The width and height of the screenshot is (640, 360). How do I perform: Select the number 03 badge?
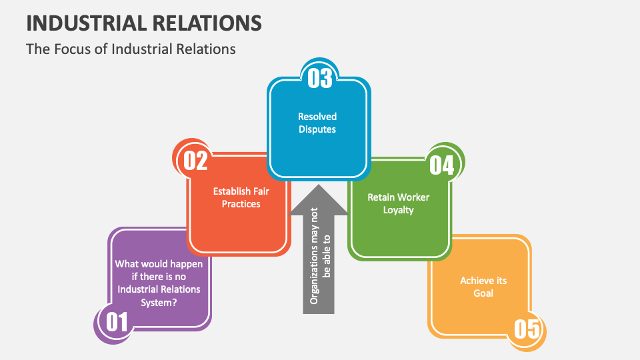(x=319, y=78)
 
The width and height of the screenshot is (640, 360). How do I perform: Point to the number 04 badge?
(x=441, y=165)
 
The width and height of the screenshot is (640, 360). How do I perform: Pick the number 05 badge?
(x=525, y=329)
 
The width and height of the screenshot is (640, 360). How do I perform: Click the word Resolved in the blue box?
(x=317, y=117)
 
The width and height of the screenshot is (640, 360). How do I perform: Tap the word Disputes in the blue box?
(x=317, y=129)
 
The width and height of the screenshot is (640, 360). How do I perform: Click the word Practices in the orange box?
(x=241, y=203)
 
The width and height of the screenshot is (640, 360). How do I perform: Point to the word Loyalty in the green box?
(x=399, y=210)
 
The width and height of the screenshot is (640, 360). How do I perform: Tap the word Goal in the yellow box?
(x=483, y=293)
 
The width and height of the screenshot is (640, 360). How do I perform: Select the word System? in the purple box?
(x=159, y=302)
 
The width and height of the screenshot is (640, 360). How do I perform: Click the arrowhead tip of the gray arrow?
(x=319, y=187)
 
